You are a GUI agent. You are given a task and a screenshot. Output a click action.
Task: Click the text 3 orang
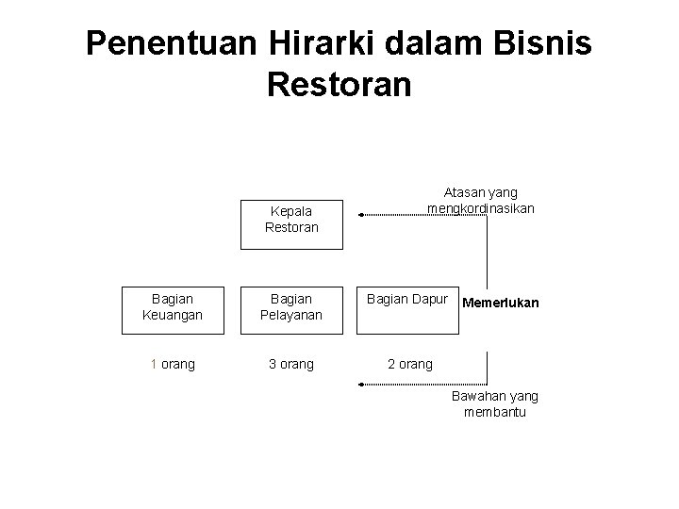click(x=291, y=364)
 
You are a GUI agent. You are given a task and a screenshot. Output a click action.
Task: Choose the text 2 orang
click(x=410, y=364)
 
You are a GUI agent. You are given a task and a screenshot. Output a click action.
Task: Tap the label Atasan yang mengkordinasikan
click(x=481, y=200)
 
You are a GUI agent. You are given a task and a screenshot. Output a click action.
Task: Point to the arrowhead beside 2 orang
click(x=360, y=384)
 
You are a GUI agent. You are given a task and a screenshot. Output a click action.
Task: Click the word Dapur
click(x=430, y=298)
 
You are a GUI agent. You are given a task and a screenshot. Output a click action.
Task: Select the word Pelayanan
click(x=291, y=314)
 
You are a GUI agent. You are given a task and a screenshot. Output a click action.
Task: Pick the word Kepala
click(x=291, y=212)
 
